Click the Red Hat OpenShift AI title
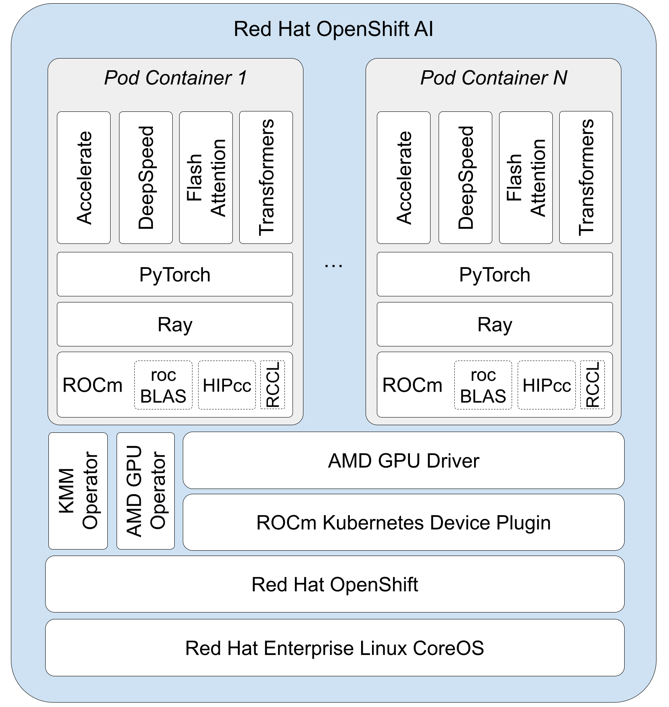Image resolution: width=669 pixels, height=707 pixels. (333, 29)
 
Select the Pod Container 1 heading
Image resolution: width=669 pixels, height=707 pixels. (175, 78)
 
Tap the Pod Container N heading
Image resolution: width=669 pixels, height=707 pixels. (493, 78)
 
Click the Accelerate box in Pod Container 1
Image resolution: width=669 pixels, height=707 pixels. (84, 178)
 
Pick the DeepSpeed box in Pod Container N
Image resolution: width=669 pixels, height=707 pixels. (465, 178)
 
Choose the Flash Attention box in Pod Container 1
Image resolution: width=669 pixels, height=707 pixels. (206, 178)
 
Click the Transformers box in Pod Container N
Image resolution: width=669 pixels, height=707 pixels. (586, 178)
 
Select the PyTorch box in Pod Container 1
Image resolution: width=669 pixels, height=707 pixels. (175, 275)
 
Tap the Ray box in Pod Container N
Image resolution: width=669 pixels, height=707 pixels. (495, 324)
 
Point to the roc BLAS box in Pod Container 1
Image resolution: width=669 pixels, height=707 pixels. (163, 385)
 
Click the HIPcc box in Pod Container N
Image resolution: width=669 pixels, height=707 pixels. (547, 385)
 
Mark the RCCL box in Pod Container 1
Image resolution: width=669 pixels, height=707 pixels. (273, 385)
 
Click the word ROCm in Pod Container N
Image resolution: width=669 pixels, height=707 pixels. (412, 385)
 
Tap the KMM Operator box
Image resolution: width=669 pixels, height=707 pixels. (78, 491)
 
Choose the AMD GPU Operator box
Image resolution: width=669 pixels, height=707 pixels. (146, 491)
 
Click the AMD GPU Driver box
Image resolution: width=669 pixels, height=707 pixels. (403, 461)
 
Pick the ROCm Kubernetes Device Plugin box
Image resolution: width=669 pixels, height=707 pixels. (403, 522)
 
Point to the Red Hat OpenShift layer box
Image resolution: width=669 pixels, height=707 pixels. (334, 584)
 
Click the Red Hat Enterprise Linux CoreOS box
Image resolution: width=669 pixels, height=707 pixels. (334, 648)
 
